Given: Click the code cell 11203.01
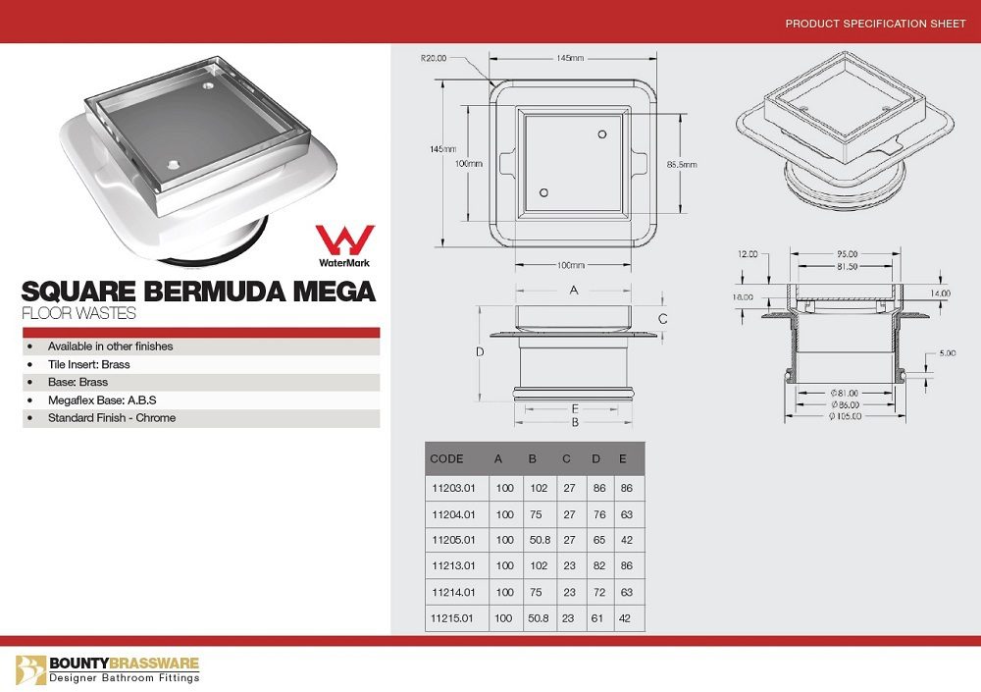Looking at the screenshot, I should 453,487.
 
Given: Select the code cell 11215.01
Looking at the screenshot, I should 453,618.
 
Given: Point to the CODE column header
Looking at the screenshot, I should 447,458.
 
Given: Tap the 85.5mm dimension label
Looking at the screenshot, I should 681,164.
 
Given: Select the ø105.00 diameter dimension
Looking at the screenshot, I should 843,416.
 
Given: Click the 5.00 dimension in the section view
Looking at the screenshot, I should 947,353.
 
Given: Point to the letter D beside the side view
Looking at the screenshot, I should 480,351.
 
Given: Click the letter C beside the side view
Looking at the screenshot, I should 663,319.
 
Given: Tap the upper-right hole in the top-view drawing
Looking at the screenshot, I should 601,133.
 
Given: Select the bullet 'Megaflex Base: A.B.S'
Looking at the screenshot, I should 102,400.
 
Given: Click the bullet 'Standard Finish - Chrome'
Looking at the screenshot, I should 112,418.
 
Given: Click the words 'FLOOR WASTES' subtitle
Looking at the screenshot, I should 78,315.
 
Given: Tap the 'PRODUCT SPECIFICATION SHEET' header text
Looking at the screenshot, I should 875,24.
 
